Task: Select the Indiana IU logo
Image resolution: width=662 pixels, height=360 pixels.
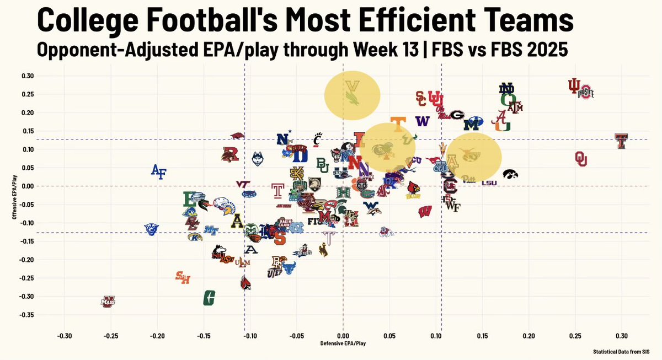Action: (575, 86)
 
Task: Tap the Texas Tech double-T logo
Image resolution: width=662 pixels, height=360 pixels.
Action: (621, 141)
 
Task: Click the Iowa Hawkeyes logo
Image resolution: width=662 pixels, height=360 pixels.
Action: (510, 175)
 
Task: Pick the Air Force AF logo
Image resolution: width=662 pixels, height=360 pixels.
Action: (158, 171)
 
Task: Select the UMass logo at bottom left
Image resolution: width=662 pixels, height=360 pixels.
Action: (108, 302)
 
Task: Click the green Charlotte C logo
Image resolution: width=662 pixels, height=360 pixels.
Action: (209, 298)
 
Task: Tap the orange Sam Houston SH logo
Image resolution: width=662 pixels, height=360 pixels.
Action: (183, 277)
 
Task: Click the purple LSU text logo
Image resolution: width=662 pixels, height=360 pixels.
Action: (489, 182)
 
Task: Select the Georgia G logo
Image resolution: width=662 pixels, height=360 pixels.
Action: (456, 115)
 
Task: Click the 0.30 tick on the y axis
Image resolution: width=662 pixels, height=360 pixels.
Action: (28, 76)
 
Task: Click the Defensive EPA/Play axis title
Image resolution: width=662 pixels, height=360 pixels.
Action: (343, 344)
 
